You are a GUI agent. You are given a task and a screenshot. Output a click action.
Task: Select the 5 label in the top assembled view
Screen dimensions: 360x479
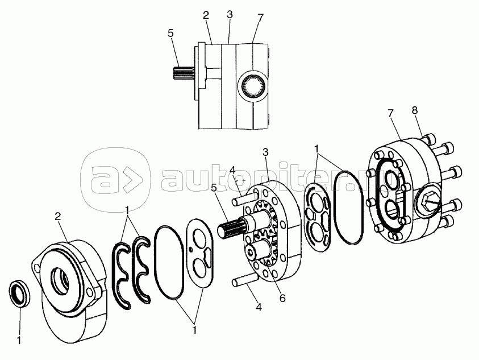coord(170,34)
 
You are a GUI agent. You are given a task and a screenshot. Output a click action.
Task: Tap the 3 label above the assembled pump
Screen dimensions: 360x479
coord(229,15)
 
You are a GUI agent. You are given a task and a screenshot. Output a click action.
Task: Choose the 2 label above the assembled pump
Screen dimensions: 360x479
coord(206,15)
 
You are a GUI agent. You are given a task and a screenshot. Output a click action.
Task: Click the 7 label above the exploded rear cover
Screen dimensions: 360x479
coord(391,114)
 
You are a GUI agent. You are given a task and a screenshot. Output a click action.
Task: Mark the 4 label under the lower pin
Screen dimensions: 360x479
coord(259,307)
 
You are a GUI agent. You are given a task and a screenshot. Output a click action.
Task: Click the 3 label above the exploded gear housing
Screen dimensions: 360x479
coord(265,152)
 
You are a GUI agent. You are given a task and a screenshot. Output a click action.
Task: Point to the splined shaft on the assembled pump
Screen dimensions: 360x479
coord(184,75)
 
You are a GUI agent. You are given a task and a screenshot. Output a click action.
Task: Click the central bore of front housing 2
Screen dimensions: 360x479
coord(60,279)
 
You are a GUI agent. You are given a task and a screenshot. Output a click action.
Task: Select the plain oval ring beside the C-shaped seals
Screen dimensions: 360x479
coord(169,260)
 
